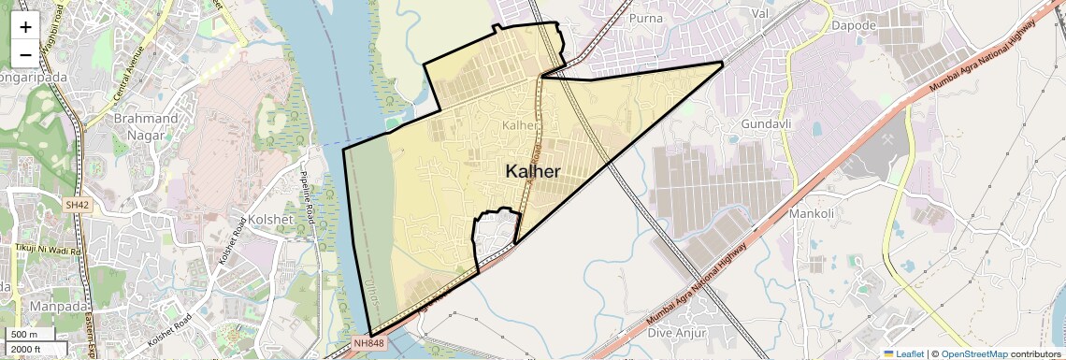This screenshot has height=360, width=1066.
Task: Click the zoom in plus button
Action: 25,26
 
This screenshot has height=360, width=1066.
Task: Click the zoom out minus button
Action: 25,54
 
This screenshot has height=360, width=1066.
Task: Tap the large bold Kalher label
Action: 533,171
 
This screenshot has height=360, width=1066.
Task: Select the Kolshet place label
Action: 271,220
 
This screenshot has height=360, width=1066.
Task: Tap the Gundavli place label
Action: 766,124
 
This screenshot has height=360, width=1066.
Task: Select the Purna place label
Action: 646,18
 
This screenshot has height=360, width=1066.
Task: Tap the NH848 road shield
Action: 367,343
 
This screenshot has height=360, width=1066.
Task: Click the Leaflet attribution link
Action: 903,353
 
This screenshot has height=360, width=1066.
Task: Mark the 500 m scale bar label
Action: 24,335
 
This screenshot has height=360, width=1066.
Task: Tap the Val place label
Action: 759,13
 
